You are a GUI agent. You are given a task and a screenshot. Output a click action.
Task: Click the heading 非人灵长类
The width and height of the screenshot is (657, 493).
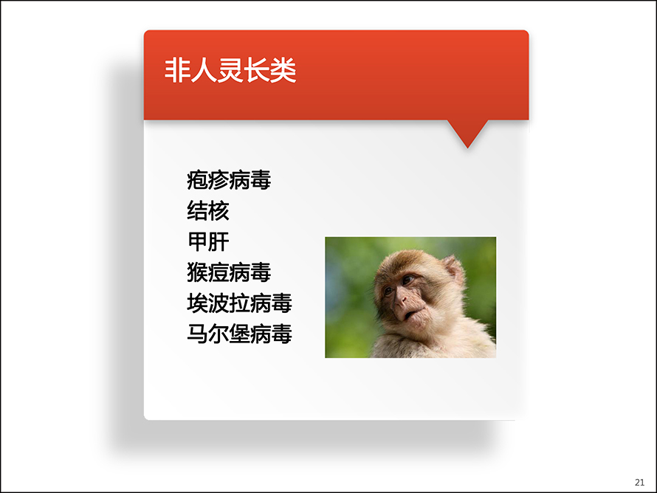point(230,70)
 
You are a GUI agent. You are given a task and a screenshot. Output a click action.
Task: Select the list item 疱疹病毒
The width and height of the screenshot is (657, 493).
point(229,180)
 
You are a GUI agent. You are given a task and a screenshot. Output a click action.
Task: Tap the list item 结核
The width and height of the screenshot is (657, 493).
point(208,210)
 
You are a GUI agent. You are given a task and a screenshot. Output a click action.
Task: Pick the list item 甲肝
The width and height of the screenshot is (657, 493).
point(208,241)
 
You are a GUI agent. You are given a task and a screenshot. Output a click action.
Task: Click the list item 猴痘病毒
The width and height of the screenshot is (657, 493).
point(229,272)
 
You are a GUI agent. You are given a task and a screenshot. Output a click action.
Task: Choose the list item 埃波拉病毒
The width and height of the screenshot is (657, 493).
point(239,303)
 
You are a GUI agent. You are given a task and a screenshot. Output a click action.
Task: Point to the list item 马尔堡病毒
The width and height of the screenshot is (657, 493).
point(239,334)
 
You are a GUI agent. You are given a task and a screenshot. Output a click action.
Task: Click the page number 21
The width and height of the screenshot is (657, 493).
point(639,483)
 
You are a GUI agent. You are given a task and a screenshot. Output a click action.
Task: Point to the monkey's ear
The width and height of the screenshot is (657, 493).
point(454,270)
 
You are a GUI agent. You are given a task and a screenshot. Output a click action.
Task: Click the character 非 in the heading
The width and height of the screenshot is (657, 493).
point(177,70)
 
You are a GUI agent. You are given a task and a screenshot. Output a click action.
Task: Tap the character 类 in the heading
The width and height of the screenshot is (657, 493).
point(283,70)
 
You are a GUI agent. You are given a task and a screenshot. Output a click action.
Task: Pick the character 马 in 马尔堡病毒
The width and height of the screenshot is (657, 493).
point(197,334)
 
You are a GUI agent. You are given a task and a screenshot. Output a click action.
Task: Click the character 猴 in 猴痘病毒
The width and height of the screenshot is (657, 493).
point(197,272)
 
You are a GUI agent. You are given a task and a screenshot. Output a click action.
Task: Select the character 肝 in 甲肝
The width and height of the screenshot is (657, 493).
point(219,241)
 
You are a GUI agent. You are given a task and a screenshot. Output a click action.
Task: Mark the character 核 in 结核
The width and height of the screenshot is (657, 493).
point(219,210)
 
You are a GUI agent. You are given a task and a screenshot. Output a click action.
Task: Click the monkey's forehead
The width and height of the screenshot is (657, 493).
point(402,264)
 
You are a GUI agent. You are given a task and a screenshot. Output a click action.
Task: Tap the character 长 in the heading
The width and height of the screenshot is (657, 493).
point(256,70)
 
